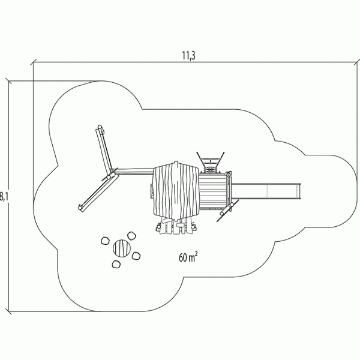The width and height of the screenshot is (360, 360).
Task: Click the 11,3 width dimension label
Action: [x=189, y=56]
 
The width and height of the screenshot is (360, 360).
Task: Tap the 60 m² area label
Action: [x=188, y=257]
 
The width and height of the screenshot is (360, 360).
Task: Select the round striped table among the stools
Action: [x=122, y=248]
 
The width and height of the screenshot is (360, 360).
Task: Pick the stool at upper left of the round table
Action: [x=105, y=241]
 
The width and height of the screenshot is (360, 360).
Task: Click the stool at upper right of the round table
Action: [x=131, y=236]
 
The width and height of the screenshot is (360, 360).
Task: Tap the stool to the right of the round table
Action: [x=136, y=256]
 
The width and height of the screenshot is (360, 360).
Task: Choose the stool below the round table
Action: [x=116, y=264]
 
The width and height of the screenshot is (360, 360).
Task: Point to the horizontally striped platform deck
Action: [x=214, y=191]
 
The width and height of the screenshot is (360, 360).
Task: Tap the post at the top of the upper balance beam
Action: [x=100, y=127]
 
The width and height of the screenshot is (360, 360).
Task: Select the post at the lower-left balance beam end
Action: [x=80, y=208]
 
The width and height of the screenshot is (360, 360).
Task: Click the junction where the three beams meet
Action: [x=113, y=173]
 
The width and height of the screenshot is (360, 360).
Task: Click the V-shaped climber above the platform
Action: [x=211, y=161]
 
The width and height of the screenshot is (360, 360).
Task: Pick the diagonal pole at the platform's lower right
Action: [x=228, y=210]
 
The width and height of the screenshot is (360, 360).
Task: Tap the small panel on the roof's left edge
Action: [x=151, y=191]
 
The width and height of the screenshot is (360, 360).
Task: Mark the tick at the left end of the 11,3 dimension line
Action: [x=34, y=62]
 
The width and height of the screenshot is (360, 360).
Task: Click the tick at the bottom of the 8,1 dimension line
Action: [x=9, y=312]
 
